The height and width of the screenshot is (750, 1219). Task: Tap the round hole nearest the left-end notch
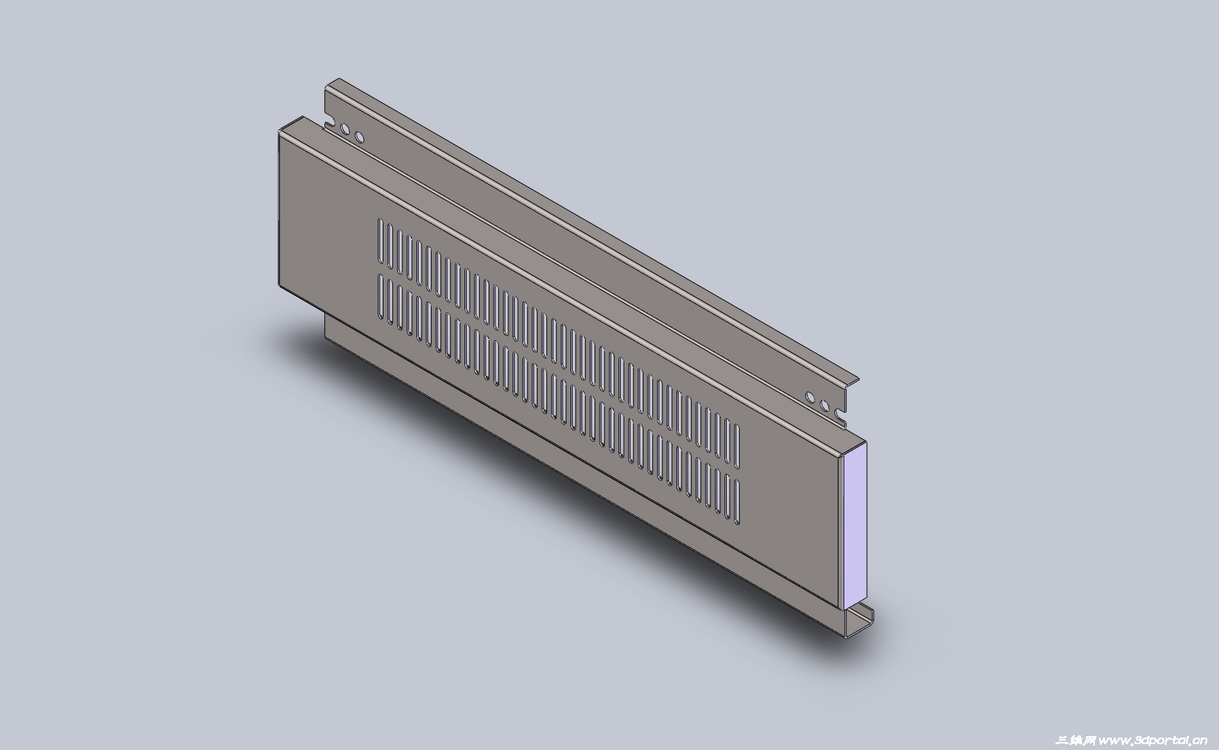345,129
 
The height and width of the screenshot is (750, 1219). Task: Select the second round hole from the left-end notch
359,137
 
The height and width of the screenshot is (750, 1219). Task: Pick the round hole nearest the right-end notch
825,405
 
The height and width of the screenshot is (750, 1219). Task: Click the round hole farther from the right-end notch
810,397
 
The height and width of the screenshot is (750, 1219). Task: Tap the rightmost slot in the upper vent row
737,445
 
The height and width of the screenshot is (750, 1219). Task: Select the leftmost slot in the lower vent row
381,296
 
